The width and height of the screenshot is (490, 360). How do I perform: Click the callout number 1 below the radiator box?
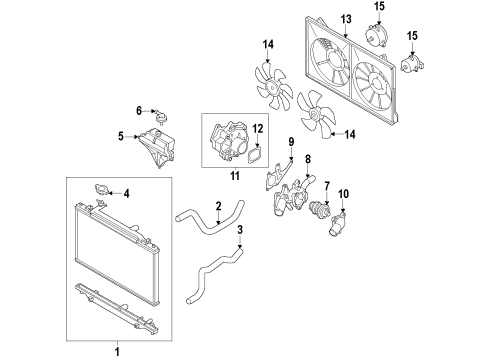click(x=117, y=352)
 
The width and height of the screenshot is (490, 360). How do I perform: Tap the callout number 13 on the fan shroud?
click(x=346, y=19)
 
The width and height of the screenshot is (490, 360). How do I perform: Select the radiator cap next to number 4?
click(x=100, y=189)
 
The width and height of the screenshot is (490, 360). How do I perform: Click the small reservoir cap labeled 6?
click(x=161, y=116)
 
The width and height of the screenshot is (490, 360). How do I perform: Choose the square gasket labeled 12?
click(x=255, y=155)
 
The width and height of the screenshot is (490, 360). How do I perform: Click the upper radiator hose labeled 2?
click(x=210, y=218)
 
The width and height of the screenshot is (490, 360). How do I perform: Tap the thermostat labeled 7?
click(x=319, y=210)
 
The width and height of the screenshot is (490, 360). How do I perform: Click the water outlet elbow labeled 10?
click(x=337, y=224)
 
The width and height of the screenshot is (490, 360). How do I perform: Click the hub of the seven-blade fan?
click(x=272, y=88)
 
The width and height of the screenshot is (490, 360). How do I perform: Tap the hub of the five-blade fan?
click(x=313, y=115)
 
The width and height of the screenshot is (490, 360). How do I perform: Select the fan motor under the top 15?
click(x=376, y=34)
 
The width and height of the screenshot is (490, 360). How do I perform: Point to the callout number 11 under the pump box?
click(x=235, y=176)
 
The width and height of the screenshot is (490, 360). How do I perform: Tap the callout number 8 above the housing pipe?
click(x=308, y=159)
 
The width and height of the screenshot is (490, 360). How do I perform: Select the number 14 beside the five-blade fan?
click(x=350, y=135)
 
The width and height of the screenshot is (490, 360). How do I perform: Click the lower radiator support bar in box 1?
click(x=117, y=309)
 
